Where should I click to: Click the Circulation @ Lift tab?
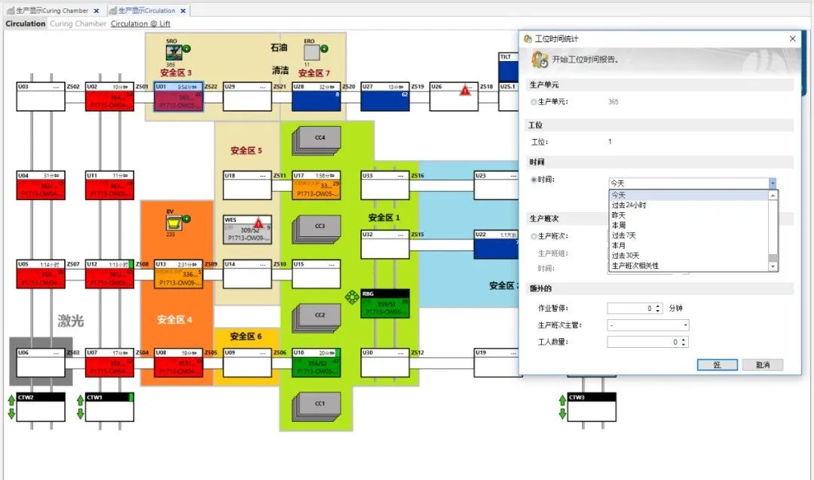[x=140, y=23]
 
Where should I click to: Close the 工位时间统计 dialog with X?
[x=792, y=38]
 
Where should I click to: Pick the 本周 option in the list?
[x=619, y=226]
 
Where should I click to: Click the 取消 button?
[x=762, y=365]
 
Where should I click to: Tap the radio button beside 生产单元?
[x=534, y=102]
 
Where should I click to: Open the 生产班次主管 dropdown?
[x=647, y=325]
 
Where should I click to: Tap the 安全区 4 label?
[x=174, y=319]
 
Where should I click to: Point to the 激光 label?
[x=71, y=321]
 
